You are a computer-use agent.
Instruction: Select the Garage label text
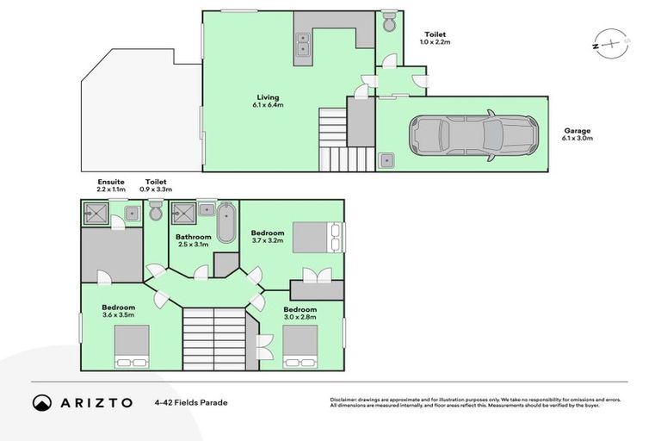pyautogui.click(x=577, y=131)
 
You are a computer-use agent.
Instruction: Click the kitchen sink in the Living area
pyautogui.click(x=304, y=43)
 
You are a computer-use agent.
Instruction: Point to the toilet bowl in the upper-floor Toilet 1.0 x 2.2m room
pyautogui.click(x=388, y=22)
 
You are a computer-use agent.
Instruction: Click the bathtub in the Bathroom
pyautogui.click(x=225, y=223)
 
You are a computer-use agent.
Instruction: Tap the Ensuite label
pyautogui.click(x=111, y=182)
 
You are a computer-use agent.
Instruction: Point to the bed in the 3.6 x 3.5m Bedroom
pyautogui.click(x=132, y=346)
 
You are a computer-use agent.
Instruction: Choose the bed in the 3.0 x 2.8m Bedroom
pyautogui.click(x=300, y=346)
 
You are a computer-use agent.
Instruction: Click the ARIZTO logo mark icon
pyautogui.click(x=42, y=402)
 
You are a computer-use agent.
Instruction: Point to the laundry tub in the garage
pyautogui.click(x=386, y=159)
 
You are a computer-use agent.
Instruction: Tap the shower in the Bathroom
pyautogui.click(x=183, y=212)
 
